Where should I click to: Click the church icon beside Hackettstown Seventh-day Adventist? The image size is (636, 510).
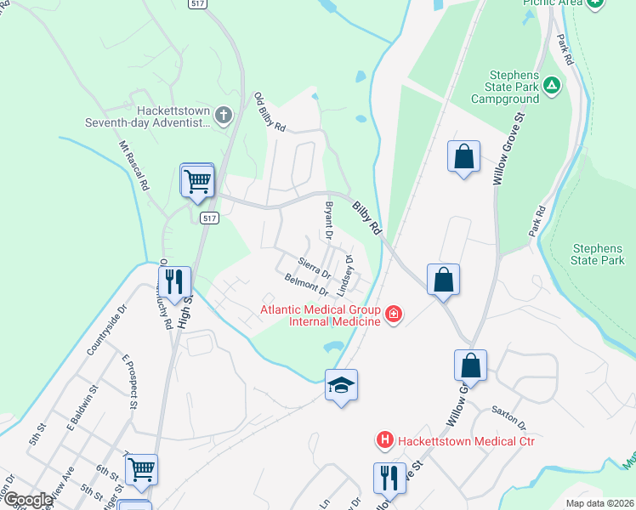click(224, 116)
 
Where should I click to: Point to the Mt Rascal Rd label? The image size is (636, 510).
click(134, 165)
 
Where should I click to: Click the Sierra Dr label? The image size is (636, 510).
click(315, 267)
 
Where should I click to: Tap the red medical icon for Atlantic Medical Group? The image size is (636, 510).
click(393, 315)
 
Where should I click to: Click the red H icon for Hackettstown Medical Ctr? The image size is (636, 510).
click(385, 440)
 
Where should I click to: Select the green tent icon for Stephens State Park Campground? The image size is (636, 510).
click(552, 85)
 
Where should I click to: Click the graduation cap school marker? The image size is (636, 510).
click(341, 385)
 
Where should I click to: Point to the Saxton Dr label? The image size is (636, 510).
click(509, 417)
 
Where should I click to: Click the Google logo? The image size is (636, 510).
click(28, 500)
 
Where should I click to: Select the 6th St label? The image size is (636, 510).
click(105, 471)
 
